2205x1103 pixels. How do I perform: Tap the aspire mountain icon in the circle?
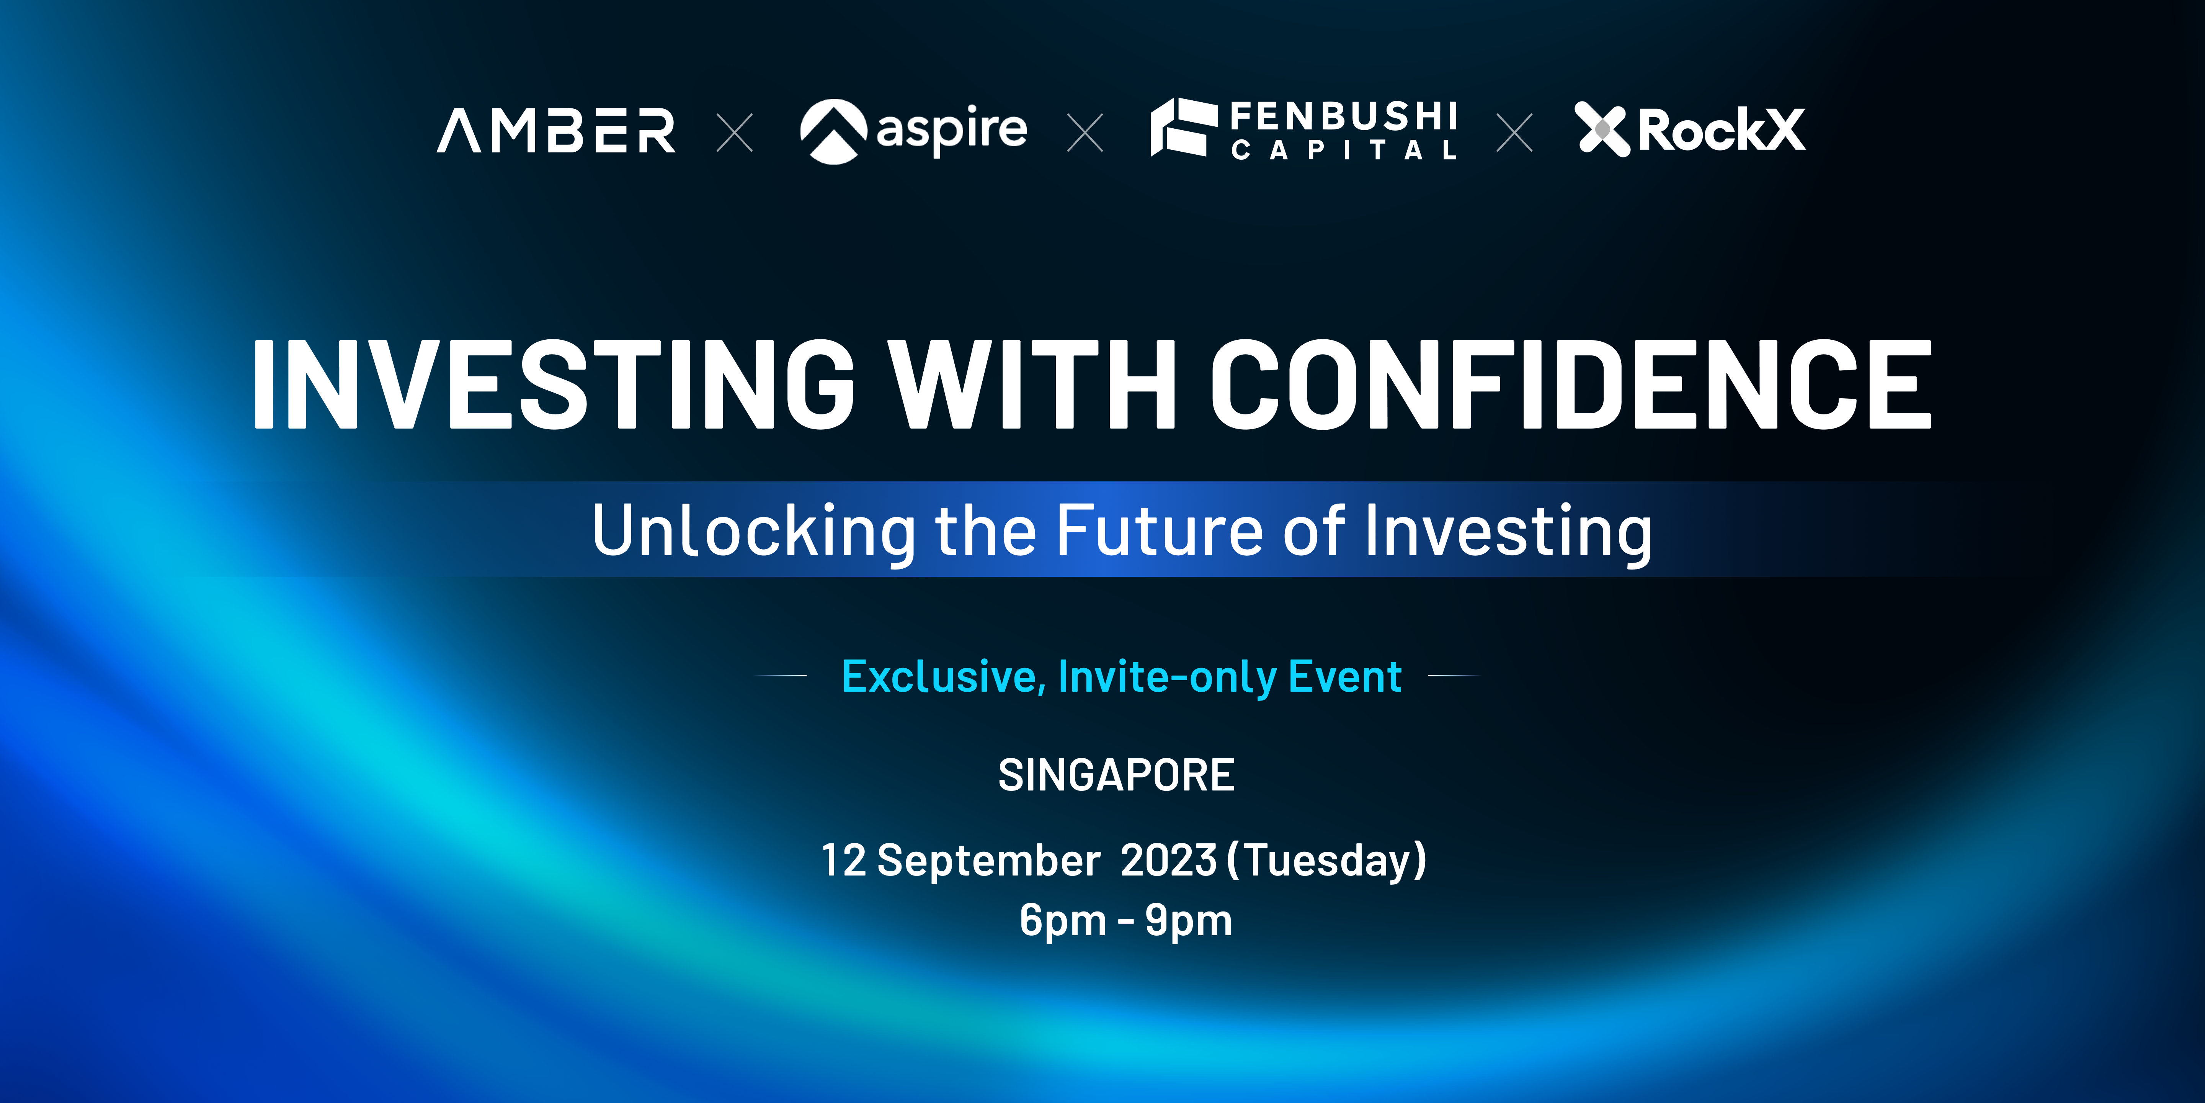click(833, 131)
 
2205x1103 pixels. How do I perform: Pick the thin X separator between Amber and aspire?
click(735, 133)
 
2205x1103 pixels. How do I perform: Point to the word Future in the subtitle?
click(1160, 531)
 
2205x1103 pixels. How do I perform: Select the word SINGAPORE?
click(1116, 775)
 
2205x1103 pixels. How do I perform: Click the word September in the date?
click(989, 861)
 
